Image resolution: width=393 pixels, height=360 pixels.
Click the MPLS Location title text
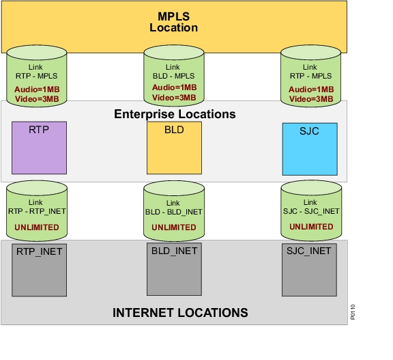(x=174, y=22)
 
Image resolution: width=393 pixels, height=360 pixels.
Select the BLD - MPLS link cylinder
(x=174, y=76)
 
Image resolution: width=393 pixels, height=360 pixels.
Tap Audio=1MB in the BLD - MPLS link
(x=175, y=87)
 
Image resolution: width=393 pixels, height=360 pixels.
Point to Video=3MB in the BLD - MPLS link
(x=174, y=97)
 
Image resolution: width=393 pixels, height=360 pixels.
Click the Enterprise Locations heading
(x=175, y=114)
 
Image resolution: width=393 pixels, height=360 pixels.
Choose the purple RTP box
(x=39, y=148)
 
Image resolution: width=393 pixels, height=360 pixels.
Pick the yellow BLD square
(x=174, y=148)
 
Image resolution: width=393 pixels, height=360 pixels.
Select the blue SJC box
(x=310, y=149)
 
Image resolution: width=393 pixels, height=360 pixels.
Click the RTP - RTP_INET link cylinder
(x=37, y=210)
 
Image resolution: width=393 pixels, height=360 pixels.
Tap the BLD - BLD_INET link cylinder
(x=174, y=211)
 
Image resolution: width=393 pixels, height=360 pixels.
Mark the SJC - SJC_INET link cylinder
(x=311, y=210)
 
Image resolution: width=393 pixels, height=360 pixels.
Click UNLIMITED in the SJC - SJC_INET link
(x=311, y=227)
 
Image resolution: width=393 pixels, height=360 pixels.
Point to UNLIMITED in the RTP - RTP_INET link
(x=37, y=227)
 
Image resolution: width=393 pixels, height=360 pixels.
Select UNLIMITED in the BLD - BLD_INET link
(x=174, y=227)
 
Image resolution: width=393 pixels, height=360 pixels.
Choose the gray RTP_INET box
(x=39, y=270)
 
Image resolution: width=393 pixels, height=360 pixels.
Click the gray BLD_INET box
(x=174, y=269)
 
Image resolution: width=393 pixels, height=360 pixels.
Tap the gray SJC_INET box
(x=309, y=270)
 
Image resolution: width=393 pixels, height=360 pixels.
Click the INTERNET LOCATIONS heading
(x=180, y=313)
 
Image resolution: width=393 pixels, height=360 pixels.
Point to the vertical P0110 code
(x=353, y=312)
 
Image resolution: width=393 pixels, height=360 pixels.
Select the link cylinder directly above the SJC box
(x=311, y=76)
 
